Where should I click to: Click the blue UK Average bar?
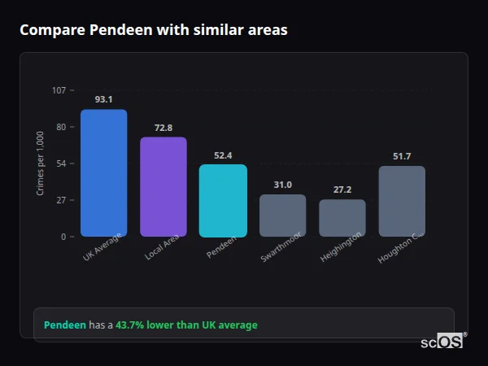pos(103,172)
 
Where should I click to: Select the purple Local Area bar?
pos(163,186)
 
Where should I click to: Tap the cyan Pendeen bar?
pos(223,200)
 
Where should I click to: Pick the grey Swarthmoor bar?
pos(282,216)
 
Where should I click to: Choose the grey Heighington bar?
pos(342,218)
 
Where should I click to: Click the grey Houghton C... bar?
pos(402,201)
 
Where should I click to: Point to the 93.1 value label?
pos(103,99)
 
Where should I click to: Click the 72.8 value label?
pos(163,128)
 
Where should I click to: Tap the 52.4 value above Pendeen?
pos(223,155)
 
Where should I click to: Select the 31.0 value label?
pos(282,185)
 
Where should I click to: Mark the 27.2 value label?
pos(342,190)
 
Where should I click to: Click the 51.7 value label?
pos(402,156)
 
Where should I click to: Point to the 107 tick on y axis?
pos(59,89)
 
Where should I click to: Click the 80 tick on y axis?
pos(60,127)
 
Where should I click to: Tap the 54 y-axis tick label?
pos(60,163)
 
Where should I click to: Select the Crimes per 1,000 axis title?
pos(41,163)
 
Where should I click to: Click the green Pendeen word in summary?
pos(65,325)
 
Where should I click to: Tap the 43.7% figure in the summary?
pos(129,325)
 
